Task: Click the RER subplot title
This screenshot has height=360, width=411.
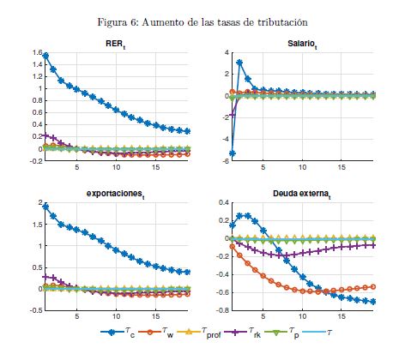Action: coord(116,45)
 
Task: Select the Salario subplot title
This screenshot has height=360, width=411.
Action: coord(302,45)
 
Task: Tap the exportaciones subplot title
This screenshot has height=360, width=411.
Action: coord(115,195)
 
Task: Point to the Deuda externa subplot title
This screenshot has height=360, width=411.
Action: coord(302,195)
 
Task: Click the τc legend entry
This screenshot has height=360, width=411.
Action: coord(118,333)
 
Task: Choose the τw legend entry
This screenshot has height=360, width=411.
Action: coord(156,333)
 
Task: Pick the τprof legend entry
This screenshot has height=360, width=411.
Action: coord(199,333)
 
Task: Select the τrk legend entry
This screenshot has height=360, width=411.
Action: coord(243,333)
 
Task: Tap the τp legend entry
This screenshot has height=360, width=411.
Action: coord(281,333)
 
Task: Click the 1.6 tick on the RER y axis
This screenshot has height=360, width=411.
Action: coord(38,52)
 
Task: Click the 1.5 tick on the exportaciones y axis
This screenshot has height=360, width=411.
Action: coord(38,225)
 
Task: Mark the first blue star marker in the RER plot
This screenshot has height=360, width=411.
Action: coord(45,56)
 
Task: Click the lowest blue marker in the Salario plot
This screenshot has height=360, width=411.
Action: coord(233,153)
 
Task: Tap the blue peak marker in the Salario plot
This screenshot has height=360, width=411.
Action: coord(239,63)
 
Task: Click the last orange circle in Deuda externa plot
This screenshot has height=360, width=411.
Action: coord(372,287)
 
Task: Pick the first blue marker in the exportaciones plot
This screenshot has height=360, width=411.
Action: coord(45,207)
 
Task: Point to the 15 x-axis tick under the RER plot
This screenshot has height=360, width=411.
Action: coord(155,167)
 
